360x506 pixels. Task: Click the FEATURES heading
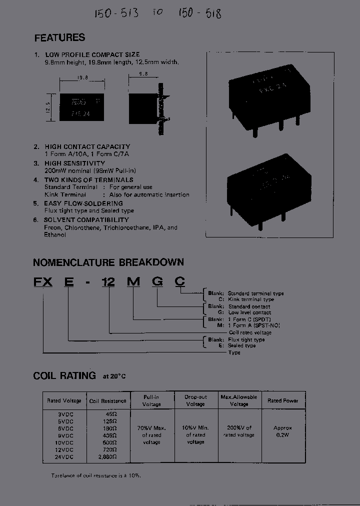click(x=59, y=38)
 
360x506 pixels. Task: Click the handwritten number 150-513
click(x=116, y=13)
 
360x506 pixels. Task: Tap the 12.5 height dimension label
click(x=48, y=107)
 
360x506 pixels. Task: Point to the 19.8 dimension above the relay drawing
click(x=82, y=78)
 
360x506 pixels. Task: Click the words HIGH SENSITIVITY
click(x=74, y=163)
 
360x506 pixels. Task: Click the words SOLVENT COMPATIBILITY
click(x=86, y=220)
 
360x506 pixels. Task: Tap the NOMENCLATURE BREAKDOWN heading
click(x=108, y=262)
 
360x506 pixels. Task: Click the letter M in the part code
click(x=133, y=282)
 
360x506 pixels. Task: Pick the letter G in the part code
click(x=157, y=282)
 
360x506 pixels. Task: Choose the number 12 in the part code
click(x=108, y=282)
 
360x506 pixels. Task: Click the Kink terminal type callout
click(x=251, y=299)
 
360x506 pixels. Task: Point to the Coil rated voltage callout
click(x=250, y=332)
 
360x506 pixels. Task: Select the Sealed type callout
click(x=242, y=345)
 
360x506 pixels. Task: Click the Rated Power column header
click(x=283, y=401)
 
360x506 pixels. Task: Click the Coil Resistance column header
click(x=107, y=401)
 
